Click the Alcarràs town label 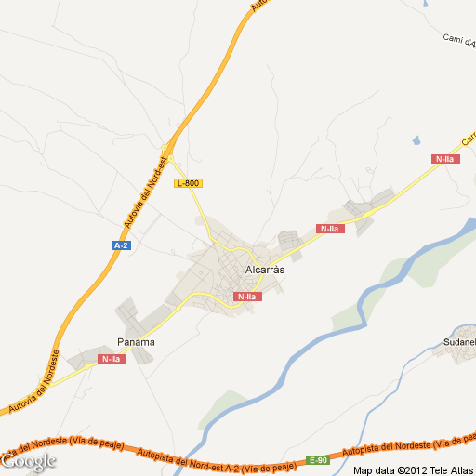pos(263,270)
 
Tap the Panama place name pos(136,342)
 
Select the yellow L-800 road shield pos(188,183)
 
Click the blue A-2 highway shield pos(121,245)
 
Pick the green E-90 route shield pos(319,460)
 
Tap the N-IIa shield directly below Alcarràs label pos(247,297)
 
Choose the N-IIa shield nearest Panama pos(111,359)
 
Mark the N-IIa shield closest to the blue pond pos(445,159)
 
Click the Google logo pos(29,460)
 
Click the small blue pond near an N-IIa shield pos(416,140)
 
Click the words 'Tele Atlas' pos(450,469)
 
